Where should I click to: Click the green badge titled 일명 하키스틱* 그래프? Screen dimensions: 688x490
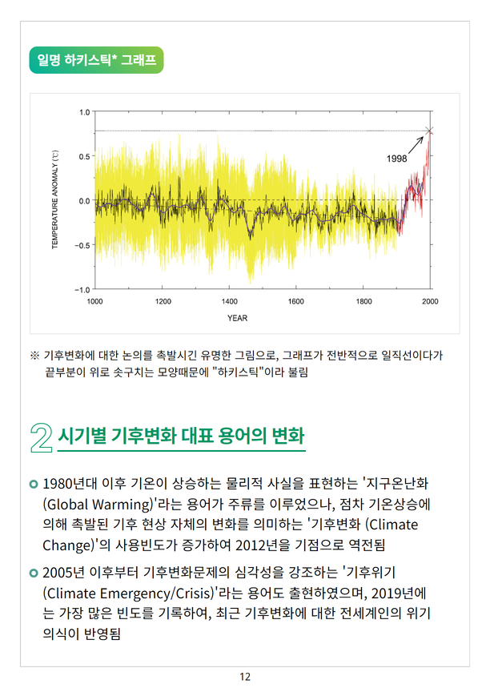point(96,61)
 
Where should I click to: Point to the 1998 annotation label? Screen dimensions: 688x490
point(397,159)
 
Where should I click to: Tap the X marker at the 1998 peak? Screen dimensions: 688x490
point(430,131)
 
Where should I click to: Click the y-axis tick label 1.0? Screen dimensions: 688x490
point(84,112)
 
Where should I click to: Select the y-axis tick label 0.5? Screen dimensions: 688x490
point(84,156)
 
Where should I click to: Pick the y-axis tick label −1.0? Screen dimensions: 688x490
point(82,288)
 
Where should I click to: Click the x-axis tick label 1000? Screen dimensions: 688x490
point(94,301)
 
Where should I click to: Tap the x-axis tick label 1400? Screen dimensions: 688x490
point(229,301)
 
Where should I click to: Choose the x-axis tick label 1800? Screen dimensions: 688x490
point(363,301)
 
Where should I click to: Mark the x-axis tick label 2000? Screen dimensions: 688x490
point(430,301)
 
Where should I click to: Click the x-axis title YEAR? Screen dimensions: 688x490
point(237,318)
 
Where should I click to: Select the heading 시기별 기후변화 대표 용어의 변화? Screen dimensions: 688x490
point(182,438)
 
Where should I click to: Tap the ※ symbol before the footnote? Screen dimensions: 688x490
point(34,354)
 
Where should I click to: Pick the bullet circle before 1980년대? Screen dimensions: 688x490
point(33,484)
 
